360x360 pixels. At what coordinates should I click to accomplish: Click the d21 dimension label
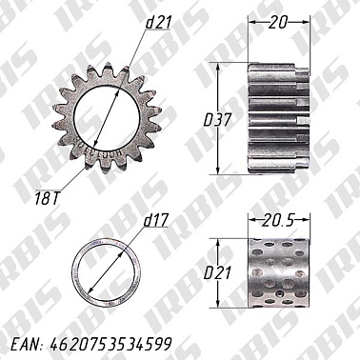point(159,23)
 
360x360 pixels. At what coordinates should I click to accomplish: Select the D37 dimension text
point(217,120)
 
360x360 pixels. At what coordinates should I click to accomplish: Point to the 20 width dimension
point(278,23)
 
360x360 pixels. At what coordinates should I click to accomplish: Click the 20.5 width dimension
point(278,221)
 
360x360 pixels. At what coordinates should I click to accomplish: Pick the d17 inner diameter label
point(155,221)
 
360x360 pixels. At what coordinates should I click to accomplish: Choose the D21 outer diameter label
point(217,273)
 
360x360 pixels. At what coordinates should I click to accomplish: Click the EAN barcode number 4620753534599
point(111,344)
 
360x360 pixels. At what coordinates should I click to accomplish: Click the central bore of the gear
point(107,116)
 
